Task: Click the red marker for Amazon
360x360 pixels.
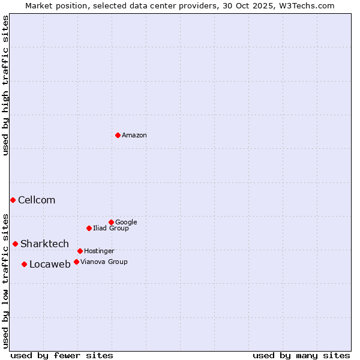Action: [x=118, y=135]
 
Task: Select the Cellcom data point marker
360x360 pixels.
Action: [x=13, y=200]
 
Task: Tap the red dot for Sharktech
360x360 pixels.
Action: [x=15, y=244]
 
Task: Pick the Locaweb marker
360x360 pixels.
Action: [x=24, y=264]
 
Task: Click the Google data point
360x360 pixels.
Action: [x=111, y=222]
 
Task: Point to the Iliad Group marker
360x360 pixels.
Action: [x=89, y=228]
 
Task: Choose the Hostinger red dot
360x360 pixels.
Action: [x=80, y=251]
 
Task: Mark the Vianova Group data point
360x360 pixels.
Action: [x=76, y=262]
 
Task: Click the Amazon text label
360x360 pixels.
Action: [x=134, y=136]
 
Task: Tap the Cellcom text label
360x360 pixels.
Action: [x=37, y=200]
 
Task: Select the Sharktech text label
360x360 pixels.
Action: [x=44, y=244]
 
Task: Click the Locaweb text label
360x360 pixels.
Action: [x=50, y=265]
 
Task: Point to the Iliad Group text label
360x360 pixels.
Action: [x=111, y=229]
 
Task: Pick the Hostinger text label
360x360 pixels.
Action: [x=99, y=251]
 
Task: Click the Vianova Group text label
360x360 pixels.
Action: [x=104, y=262]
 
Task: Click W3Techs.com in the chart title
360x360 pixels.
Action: [x=310, y=5]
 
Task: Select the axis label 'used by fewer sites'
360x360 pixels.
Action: [x=62, y=355]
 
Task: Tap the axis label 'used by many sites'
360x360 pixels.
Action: [x=301, y=355]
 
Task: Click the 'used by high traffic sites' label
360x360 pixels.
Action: [x=5, y=85]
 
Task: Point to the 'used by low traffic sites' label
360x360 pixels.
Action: [x=5, y=280]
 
